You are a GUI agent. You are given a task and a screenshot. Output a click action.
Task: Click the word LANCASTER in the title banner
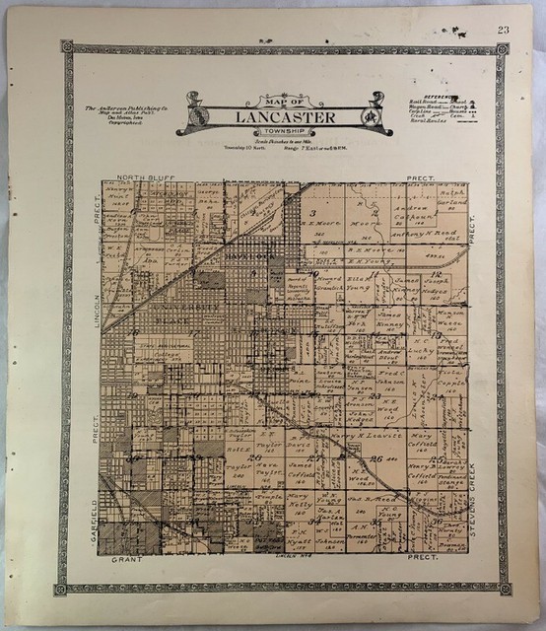[x=271, y=118]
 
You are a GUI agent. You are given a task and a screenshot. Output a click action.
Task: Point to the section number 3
[x=312, y=212]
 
